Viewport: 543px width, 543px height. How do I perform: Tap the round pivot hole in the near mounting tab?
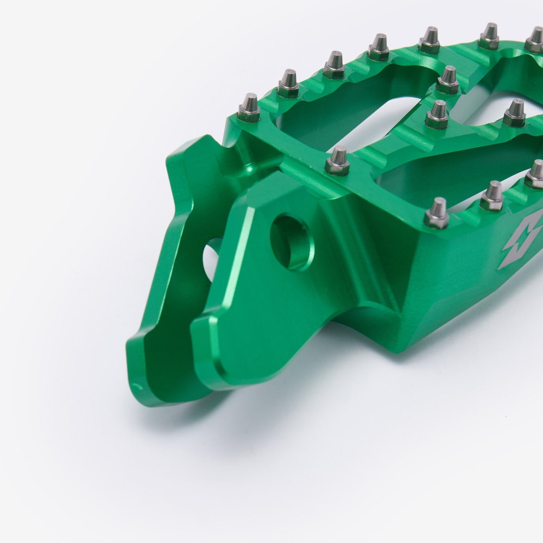click(292, 242)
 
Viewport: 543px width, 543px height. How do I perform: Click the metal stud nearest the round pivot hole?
click(337, 161)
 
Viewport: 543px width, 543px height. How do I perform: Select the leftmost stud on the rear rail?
click(249, 107)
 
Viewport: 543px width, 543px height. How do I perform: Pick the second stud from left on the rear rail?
click(288, 84)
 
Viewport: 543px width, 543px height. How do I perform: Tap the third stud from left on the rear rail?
click(334, 65)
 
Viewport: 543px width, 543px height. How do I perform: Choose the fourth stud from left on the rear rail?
click(379, 47)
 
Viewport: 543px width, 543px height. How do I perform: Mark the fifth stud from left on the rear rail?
click(431, 40)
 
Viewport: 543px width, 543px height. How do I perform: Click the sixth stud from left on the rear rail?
click(489, 36)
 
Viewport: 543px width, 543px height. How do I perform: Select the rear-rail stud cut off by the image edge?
click(535, 40)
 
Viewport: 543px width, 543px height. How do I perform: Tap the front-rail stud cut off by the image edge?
click(535, 174)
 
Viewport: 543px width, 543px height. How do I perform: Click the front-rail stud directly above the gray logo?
click(493, 196)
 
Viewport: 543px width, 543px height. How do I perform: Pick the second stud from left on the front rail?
click(437, 213)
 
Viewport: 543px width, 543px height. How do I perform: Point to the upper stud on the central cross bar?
click(448, 80)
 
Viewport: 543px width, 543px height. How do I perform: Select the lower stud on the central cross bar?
click(437, 115)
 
